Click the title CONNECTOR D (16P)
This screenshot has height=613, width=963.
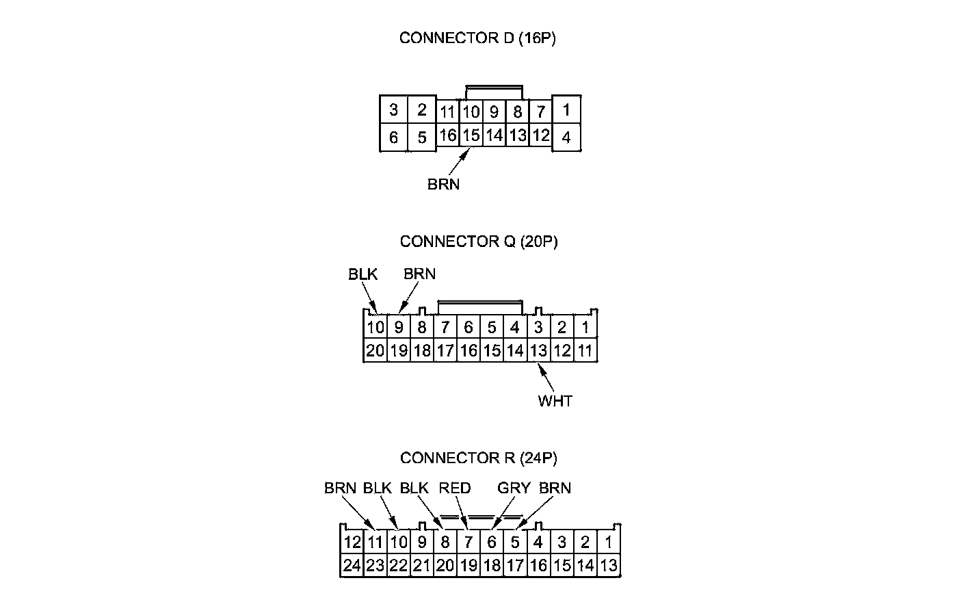pyautogui.click(x=477, y=38)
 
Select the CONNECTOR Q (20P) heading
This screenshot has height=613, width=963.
pyautogui.click(x=479, y=242)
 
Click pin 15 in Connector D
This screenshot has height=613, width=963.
pyautogui.click(x=471, y=135)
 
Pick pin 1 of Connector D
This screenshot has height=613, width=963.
pyautogui.click(x=566, y=109)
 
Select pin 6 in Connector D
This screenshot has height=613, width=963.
pyautogui.click(x=393, y=138)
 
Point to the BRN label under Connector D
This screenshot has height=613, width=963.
pyautogui.click(x=443, y=184)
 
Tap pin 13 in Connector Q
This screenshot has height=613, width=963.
pyautogui.click(x=538, y=351)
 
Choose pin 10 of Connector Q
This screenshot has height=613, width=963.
pyautogui.click(x=375, y=328)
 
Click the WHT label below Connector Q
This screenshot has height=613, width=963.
pyautogui.click(x=555, y=401)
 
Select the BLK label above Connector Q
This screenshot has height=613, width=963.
pyautogui.click(x=362, y=274)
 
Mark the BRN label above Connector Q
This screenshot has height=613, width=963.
pyautogui.click(x=419, y=274)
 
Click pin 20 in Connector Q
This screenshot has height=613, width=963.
pyautogui.click(x=375, y=351)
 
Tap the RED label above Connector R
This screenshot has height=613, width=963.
pyautogui.click(x=455, y=488)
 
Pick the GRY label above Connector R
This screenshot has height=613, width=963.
pyautogui.click(x=514, y=488)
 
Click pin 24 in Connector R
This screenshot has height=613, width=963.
pyautogui.click(x=352, y=566)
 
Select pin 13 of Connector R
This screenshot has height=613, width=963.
pyautogui.click(x=608, y=566)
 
